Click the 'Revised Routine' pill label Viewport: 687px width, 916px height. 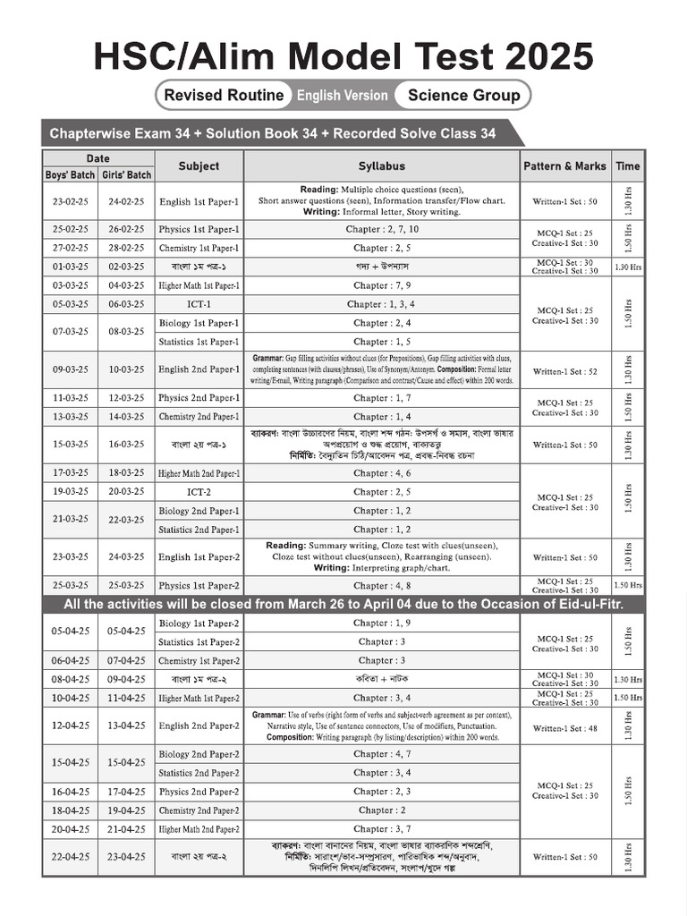click(224, 95)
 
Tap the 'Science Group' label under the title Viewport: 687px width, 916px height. click(463, 95)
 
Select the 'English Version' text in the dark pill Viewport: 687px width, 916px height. click(343, 95)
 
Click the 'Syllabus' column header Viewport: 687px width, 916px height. click(382, 165)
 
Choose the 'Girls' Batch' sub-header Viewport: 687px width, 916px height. click(126, 174)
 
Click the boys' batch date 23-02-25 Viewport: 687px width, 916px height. click(70, 202)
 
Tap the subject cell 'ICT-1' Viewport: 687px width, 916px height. click(199, 304)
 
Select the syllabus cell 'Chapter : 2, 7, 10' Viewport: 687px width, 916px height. click(382, 229)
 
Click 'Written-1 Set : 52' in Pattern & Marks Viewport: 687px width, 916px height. click(564, 370)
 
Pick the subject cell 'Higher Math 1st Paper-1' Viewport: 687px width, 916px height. click(199, 285)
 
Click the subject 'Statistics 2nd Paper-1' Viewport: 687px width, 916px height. click(199, 530)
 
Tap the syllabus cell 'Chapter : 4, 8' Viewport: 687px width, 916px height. click(382, 586)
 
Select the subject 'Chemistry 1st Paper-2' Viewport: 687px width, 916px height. click(199, 661)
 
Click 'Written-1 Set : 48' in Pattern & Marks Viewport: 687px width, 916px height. click(564, 728)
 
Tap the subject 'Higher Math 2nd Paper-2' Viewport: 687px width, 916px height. click(199, 829)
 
